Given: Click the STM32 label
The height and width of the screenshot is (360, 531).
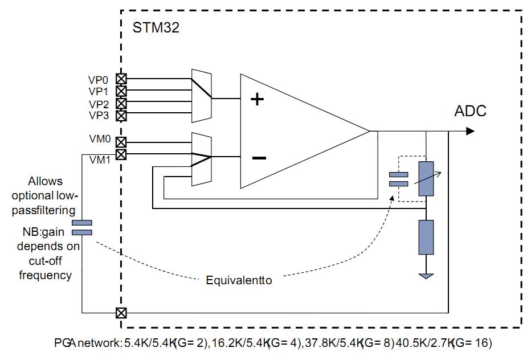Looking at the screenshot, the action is pyautogui.click(x=156, y=27).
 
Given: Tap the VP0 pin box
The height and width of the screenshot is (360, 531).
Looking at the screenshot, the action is pyautogui.click(x=121, y=79).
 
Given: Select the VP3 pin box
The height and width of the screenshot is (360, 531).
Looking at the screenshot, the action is pyautogui.click(x=121, y=116).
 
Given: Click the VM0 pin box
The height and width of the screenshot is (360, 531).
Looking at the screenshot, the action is pyautogui.click(x=121, y=142).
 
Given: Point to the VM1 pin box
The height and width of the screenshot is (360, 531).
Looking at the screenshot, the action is pyautogui.click(x=121, y=154).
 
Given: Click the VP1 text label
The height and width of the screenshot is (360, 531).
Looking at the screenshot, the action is pyautogui.click(x=98, y=92).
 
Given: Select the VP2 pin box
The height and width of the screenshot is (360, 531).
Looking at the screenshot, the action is pyautogui.click(x=121, y=103).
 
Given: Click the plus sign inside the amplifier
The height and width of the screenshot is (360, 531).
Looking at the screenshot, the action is pyautogui.click(x=257, y=99).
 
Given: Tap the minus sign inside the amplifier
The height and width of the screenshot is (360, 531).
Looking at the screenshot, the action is pyautogui.click(x=259, y=158).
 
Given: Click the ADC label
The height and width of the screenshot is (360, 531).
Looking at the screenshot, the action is pyautogui.click(x=470, y=111).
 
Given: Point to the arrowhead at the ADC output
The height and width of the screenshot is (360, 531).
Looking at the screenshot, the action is pyautogui.click(x=471, y=131).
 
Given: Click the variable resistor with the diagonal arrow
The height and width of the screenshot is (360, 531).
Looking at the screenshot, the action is pyautogui.click(x=426, y=178).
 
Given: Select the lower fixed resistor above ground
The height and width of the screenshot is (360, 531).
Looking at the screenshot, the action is pyautogui.click(x=426, y=237).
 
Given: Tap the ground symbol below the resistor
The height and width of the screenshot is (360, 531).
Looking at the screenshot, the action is pyautogui.click(x=426, y=276).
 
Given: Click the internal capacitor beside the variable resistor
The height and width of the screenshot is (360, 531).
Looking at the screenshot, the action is pyautogui.click(x=399, y=179).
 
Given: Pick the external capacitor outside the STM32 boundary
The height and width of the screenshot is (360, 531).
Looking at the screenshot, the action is pyautogui.click(x=82, y=228).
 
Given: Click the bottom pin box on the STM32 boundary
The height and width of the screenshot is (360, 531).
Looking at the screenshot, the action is pyautogui.click(x=121, y=313).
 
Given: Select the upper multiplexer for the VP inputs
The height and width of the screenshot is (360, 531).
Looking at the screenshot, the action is pyautogui.click(x=202, y=96).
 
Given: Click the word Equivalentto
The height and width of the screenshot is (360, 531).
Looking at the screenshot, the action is pyautogui.click(x=239, y=280).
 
